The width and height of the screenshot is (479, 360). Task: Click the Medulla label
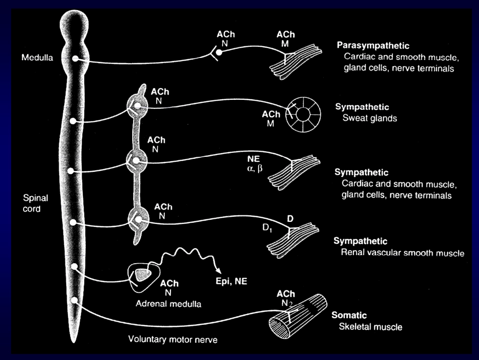[37, 57]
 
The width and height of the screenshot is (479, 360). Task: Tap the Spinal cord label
[35, 203]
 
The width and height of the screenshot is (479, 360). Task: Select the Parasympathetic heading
[373, 46]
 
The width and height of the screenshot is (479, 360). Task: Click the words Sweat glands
[370, 118]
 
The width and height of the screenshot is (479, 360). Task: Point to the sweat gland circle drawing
[303, 114]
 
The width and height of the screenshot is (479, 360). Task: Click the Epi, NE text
[231, 281]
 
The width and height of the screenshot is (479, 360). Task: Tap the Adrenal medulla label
[168, 304]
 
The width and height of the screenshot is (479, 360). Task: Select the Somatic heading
[349, 315]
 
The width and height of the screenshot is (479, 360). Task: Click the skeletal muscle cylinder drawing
[298, 316]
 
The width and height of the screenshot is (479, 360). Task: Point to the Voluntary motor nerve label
[172, 339]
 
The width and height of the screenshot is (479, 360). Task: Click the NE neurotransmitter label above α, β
[254, 159]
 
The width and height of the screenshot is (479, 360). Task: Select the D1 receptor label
[267, 228]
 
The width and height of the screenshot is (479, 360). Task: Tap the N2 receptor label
[287, 303]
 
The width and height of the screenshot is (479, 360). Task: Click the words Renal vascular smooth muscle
[402, 253]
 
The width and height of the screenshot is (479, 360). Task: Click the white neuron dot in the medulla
[75, 58]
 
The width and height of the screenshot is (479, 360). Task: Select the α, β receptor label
[255, 168]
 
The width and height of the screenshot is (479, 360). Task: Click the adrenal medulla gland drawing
[144, 276]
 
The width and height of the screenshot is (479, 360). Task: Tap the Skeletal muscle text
[371, 327]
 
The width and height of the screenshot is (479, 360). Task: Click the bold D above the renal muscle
[290, 218]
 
